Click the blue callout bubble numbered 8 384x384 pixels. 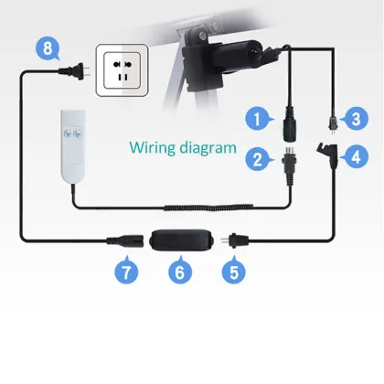coord(48,48)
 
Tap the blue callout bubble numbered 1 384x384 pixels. coord(258,119)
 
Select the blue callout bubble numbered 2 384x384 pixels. coord(258,159)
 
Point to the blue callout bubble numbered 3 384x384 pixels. coord(356,119)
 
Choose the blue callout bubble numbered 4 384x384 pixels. coord(356,156)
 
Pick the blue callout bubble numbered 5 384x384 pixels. coord(234,272)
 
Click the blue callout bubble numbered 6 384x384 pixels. coord(180,272)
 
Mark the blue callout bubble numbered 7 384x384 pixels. coord(126,272)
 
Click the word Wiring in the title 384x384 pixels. coord(153,148)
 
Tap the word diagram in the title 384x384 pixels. coord(208,148)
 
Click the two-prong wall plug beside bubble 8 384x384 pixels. coord(74,71)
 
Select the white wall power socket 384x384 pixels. coord(123,70)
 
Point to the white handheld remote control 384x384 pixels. coord(72,147)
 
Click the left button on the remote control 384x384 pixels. coord(68,133)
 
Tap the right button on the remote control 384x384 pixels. coord(77,133)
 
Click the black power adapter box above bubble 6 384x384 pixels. coord(181,240)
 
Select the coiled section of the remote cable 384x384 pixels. coord(208,208)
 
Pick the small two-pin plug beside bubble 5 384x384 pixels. coord(234,240)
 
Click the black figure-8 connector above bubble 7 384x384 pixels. coord(125,240)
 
